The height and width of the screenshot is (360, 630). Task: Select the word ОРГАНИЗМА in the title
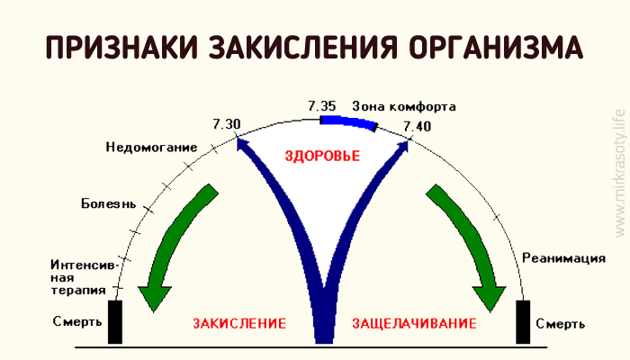[496, 48]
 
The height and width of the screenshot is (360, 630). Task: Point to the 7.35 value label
[322, 106]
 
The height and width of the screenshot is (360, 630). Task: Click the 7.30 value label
[227, 124]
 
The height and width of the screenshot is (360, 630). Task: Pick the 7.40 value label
[417, 127]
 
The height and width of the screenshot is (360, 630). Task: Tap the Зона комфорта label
[404, 107]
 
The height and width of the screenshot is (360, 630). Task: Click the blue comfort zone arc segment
[349, 121]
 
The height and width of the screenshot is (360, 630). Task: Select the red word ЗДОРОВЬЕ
[322, 156]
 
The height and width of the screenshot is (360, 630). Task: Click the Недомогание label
[151, 148]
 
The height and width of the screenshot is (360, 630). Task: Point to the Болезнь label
[109, 203]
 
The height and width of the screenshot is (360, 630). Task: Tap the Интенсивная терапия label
[85, 277]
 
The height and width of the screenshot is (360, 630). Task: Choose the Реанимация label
[563, 258]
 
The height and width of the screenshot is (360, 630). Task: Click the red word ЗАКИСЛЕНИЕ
[239, 323]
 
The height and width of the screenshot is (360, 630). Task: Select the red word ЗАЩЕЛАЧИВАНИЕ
[414, 323]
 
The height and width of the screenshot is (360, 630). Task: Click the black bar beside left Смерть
[115, 322]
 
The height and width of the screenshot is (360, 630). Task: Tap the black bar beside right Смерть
[523, 322]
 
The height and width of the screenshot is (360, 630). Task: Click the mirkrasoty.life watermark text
[619, 173]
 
